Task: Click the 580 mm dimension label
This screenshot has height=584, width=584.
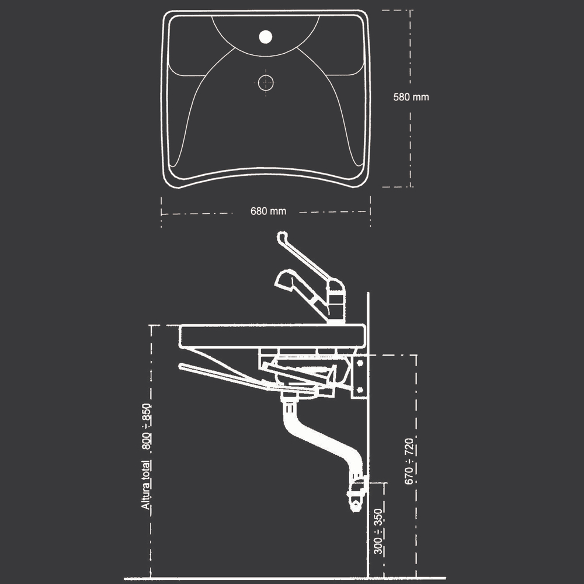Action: (x=411, y=97)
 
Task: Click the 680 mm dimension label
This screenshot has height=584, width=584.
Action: (x=268, y=211)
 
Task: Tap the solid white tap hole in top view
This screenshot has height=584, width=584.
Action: (x=266, y=37)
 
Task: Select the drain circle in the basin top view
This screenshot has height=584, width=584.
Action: (x=266, y=83)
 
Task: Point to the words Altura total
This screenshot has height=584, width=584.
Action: (x=146, y=485)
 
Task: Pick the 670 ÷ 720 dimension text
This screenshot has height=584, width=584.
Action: (x=409, y=461)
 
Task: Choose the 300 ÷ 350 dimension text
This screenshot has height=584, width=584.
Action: (x=378, y=531)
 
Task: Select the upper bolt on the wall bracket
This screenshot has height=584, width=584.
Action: (x=360, y=363)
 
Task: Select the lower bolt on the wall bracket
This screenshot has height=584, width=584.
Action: (x=360, y=390)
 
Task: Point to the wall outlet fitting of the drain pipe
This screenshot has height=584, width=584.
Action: (x=357, y=494)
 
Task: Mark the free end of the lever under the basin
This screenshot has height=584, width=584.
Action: (x=182, y=366)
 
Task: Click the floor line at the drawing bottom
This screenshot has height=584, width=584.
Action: (x=284, y=578)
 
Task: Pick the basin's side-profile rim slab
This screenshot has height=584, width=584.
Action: (x=272, y=336)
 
